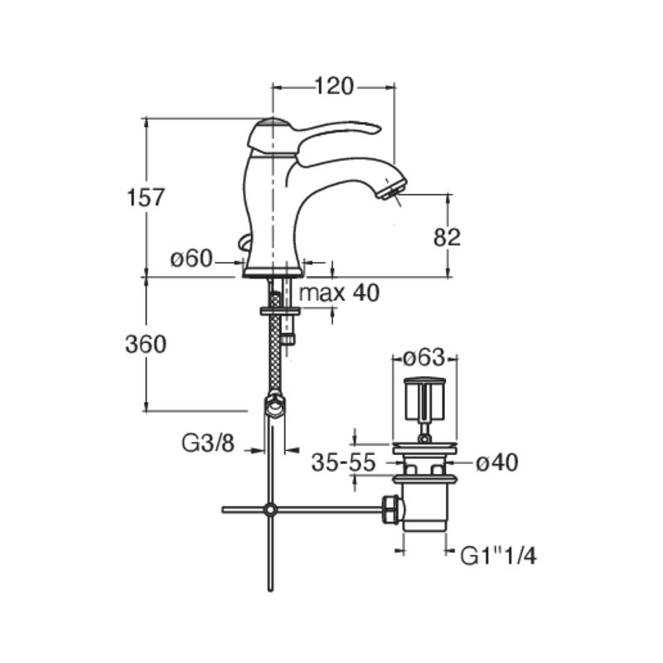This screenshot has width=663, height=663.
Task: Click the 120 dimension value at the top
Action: click(334, 87)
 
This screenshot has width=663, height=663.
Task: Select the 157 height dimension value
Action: click(146, 197)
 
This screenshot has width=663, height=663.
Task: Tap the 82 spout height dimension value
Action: click(447, 237)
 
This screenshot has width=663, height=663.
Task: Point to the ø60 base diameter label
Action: click(191, 259)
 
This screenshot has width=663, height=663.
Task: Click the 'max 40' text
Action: click(340, 293)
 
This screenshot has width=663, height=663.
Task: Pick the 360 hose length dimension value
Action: click(146, 344)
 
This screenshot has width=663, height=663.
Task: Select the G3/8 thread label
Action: click(208, 443)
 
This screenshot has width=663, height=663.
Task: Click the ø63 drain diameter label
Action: click(424, 358)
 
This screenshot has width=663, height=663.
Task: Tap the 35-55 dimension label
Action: click(344, 462)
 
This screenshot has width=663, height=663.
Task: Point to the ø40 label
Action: click(496, 462)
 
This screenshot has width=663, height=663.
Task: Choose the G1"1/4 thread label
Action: click(499, 556)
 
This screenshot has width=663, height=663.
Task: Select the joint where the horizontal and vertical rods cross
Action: click(270, 510)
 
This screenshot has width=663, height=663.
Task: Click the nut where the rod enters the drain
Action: click(391, 511)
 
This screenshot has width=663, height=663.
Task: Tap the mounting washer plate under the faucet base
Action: click(280, 312)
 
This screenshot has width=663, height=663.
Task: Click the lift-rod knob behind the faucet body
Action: click(243, 244)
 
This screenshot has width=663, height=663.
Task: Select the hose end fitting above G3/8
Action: click(275, 405)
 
